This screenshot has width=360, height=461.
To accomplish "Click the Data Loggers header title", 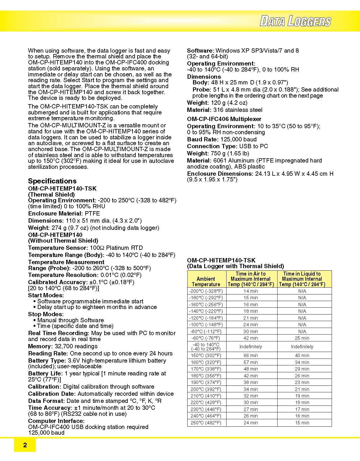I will [295, 21].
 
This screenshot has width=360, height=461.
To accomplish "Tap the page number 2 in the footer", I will [25, 445].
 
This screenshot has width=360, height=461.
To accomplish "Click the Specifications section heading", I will [52, 181].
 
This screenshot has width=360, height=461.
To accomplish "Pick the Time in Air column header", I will [251, 279].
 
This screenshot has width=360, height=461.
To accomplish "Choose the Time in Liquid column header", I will [302, 279].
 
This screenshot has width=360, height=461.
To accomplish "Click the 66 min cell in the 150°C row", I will [251, 355].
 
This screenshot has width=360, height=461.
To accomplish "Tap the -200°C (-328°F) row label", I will [206, 291].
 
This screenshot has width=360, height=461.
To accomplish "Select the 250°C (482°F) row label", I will [206, 423].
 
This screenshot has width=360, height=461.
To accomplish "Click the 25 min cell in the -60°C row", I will [302, 338].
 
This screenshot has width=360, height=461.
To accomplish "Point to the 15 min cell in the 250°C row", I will [302, 423].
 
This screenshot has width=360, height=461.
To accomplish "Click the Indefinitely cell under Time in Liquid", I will [302, 347].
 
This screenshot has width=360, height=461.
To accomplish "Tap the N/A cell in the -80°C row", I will [302, 331].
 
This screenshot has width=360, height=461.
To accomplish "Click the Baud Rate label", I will [203, 139].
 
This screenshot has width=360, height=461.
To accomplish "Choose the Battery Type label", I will [47, 361].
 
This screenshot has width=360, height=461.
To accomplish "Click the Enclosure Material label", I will [56, 213].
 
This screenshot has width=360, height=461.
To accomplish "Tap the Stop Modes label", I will [46, 314].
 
